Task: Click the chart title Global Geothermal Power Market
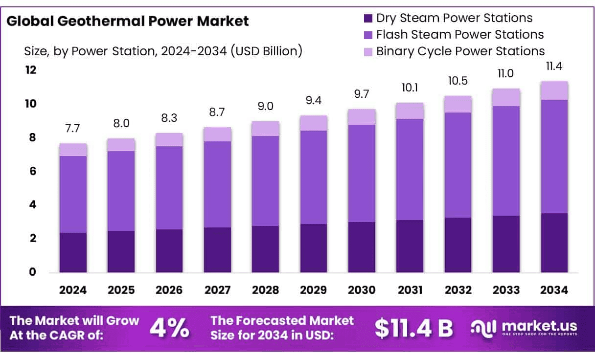pyautogui.click(x=128, y=21)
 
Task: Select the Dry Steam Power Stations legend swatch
pyautogui.click(x=367, y=19)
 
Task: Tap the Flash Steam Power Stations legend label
pyautogui.click(x=459, y=35)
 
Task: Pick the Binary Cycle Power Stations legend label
pyautogui.click(x=460, y=51)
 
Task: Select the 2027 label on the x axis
pyautogui.click(x=217, y=290)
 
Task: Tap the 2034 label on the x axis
pyautogui.click(x=554, y=290)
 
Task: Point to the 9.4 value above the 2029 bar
pyautogui.click(x=314, y=101)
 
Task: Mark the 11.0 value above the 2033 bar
pyautogui.click(x=506, y=74)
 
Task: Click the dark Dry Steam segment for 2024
pyautogui.click(x=73, y=252)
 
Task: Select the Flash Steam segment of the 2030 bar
pyautogui.click(x=362, y=173)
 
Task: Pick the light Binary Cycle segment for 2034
pyautogui.click(x=554, y=90)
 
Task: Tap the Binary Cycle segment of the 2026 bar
pyautogui.click(x=169, y=140)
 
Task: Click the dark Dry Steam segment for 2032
pyautogui.click(x=458, y=245)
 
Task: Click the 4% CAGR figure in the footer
pyautogui.click(x=169, y=328)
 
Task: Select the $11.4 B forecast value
pyautogui.click(x=414, y=328)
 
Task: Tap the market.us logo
pyautogui.click(x=524, y=327)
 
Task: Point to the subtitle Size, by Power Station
pyautogui.click(x=163, y=50)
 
